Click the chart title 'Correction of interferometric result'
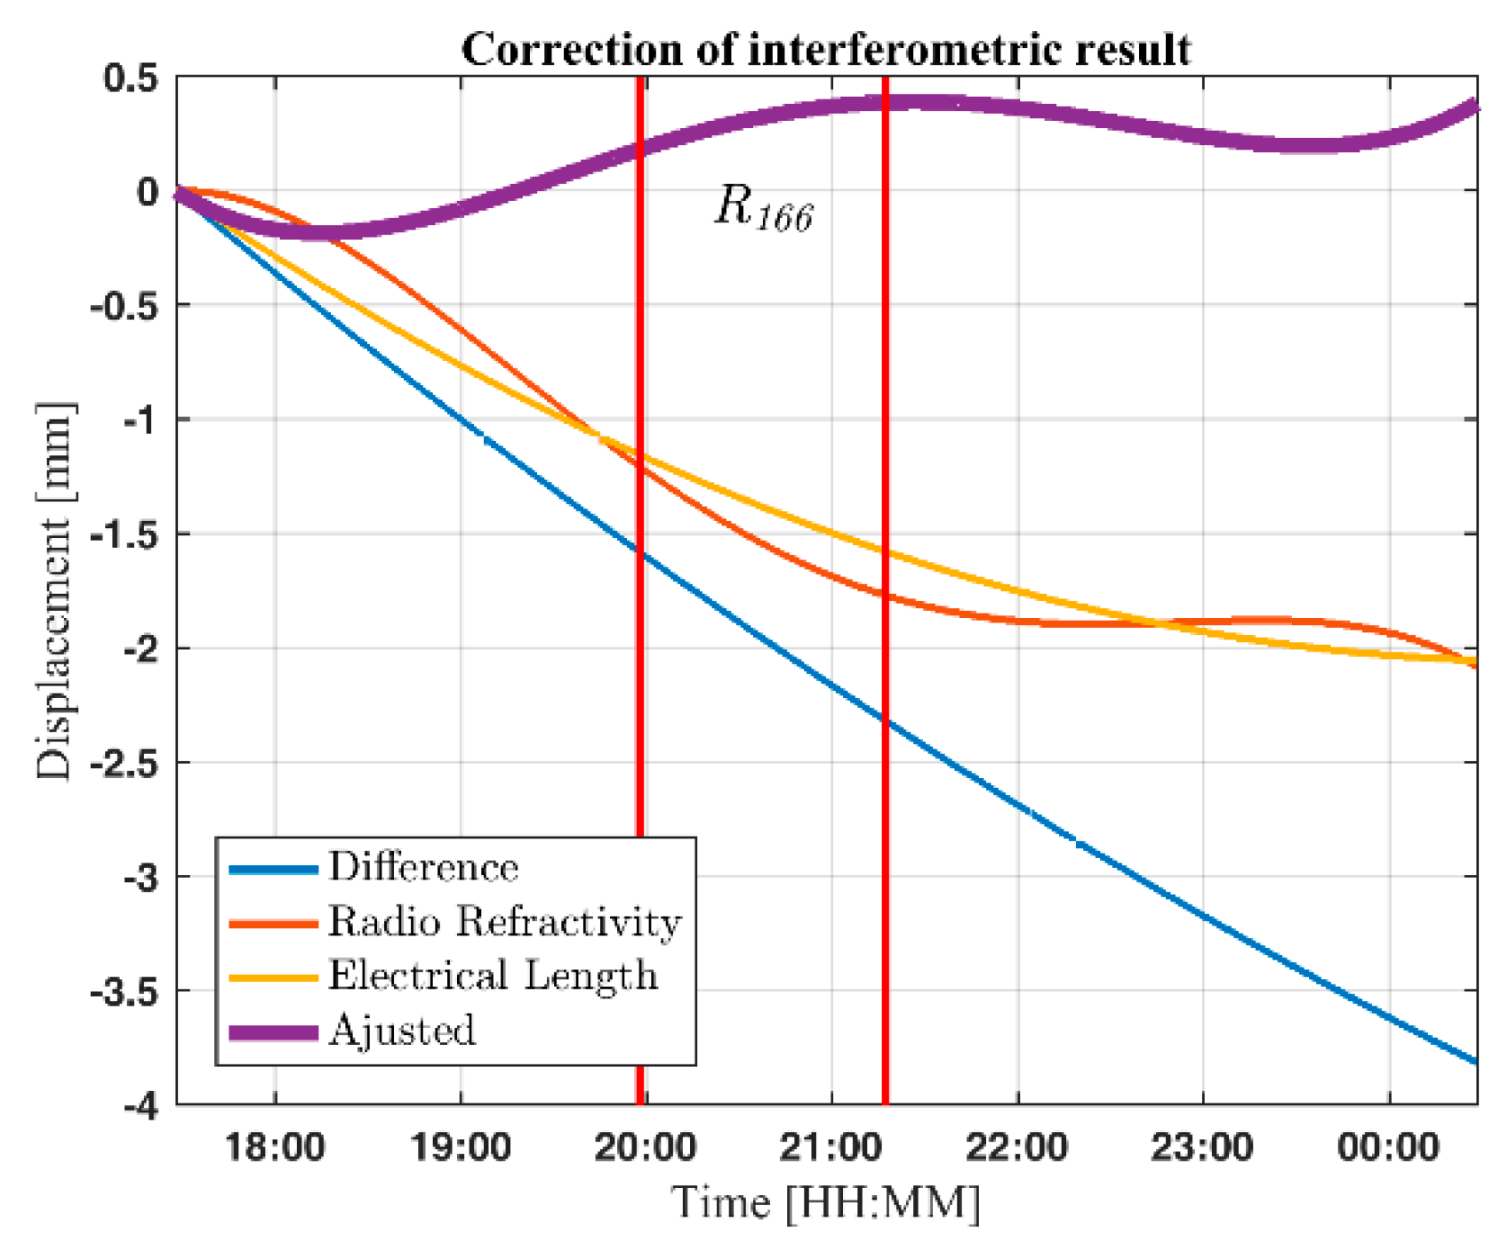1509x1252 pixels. pos(825,50)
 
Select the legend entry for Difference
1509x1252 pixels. pos(423,867)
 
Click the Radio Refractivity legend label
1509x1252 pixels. pos(504,922)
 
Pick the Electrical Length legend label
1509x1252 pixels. pos(493,976)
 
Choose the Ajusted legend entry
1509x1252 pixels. pos(402,1031)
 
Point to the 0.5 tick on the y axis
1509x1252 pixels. pos(130,78)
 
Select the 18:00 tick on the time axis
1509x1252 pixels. pos(275,1147)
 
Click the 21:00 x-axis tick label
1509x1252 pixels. pos(831,1147)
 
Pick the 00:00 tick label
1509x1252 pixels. pos(1388,1147)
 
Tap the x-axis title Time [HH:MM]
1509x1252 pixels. pos(825,1202)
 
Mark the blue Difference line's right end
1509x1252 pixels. pos(1474,1061)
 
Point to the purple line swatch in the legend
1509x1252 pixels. pos(273,1032)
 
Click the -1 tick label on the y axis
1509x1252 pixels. pos(140,421)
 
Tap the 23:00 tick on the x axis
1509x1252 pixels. pos(1202,1147)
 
